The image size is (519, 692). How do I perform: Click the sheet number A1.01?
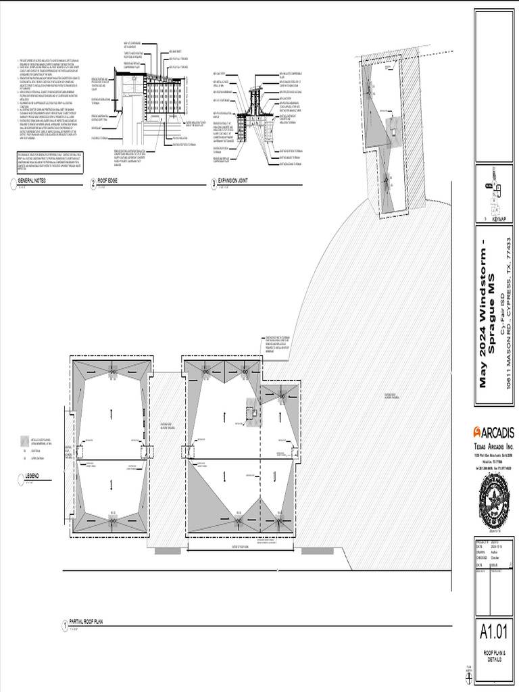click(493, 633)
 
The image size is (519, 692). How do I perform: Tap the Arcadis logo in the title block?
click(493, 432)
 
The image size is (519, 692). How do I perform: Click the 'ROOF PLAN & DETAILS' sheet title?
click(493, 656)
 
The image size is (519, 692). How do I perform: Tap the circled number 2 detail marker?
click(93, 182)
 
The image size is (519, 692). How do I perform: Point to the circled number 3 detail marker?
click(214, 182)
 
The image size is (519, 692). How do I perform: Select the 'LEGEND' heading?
click(33, 476)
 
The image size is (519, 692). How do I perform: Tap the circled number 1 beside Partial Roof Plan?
click(64, 623)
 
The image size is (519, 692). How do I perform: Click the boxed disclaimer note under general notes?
click(45, 163)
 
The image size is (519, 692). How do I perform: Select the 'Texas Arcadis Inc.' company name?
click(493, 447)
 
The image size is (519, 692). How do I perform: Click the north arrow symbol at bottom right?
click(468, 676)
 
